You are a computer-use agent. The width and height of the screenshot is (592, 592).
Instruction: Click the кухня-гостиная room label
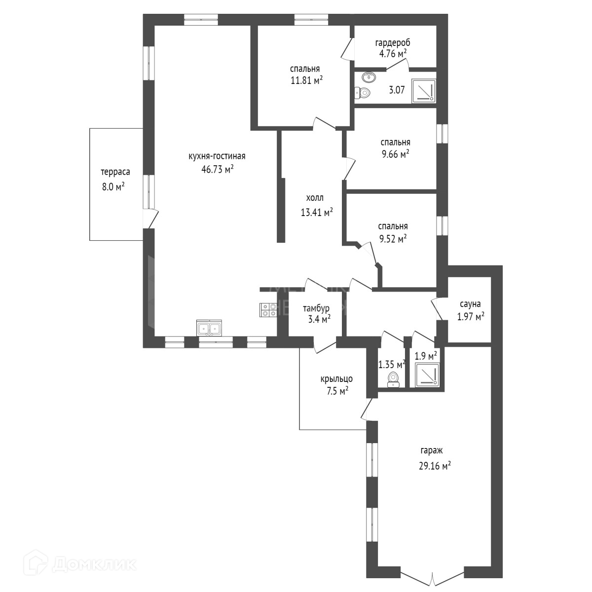point(217,156)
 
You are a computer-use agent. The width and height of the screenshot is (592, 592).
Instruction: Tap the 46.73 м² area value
point(215,170)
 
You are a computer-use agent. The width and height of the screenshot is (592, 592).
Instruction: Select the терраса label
point(115,172)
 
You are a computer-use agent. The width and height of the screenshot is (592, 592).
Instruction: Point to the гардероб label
point(392,42)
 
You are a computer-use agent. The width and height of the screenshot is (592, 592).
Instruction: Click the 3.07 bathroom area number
point(397,90)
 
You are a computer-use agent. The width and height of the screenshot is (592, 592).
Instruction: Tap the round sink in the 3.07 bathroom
point(368,77)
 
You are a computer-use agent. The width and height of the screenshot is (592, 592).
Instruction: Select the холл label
point(315,198)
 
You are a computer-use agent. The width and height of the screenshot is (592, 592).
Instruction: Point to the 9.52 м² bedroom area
point(392,239)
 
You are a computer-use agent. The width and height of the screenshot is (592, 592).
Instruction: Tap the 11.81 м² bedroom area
point(306,81)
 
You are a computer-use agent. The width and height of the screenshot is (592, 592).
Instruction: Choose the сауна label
point(470,304)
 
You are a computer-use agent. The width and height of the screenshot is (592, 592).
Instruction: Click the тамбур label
point(316,309)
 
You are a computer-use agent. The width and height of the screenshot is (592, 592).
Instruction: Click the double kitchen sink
point(210,328)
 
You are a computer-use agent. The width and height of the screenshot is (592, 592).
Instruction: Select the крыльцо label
point(336,379)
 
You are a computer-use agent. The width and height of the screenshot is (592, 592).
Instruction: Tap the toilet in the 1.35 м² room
point(393,379)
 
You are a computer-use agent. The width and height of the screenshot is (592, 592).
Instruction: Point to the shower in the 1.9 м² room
point(426,375)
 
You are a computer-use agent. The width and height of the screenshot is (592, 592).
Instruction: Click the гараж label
point(432,450)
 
